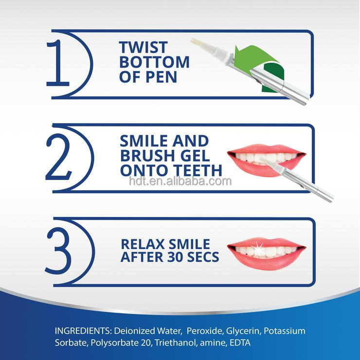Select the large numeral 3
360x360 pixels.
point(58,251)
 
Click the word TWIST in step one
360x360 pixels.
point(144,47)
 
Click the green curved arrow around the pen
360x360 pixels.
point(264,67)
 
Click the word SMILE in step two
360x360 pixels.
point(144,141)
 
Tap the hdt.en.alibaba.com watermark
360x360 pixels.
point(180,181)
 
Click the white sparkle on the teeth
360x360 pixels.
point(258,249)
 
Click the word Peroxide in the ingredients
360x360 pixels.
point(205,331)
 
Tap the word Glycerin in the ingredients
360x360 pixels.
point(243,331)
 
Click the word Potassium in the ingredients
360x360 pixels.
point(285,331)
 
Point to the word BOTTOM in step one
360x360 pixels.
point(154,62)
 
